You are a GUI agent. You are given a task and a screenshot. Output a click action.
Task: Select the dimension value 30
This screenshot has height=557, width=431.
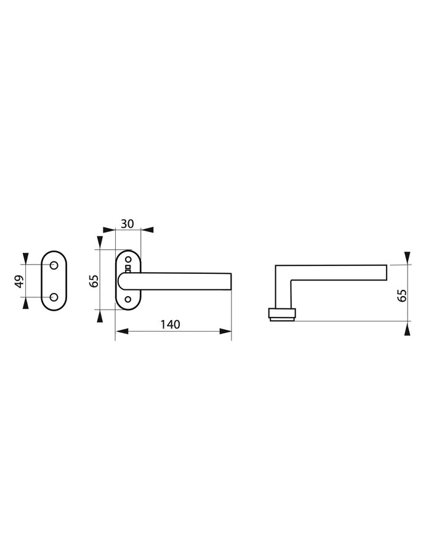pos(127,223)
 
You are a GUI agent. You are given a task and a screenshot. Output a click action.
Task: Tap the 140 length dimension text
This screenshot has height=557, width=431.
pos(171,325)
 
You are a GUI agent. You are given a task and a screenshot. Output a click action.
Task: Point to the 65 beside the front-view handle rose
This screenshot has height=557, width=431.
pos(94,281)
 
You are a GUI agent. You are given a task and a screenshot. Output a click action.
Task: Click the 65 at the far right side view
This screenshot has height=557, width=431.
pos(402,295)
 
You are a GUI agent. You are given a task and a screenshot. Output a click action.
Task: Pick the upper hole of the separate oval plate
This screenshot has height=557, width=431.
pos(54,265)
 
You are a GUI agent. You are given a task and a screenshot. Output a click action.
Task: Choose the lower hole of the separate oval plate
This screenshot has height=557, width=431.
pos(54,297)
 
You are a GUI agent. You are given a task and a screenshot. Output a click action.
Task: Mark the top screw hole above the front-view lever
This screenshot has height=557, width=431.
pos(128,259)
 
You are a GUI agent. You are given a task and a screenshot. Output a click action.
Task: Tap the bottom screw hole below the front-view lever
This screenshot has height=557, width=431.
pos(128,299)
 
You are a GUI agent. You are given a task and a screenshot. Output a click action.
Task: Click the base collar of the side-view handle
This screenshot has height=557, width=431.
pos(283,315)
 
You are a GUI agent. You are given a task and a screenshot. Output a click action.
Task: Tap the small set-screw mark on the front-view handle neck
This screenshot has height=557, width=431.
pos(128,269)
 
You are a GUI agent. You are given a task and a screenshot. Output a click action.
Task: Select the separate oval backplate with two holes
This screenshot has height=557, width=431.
pos(54,281)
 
